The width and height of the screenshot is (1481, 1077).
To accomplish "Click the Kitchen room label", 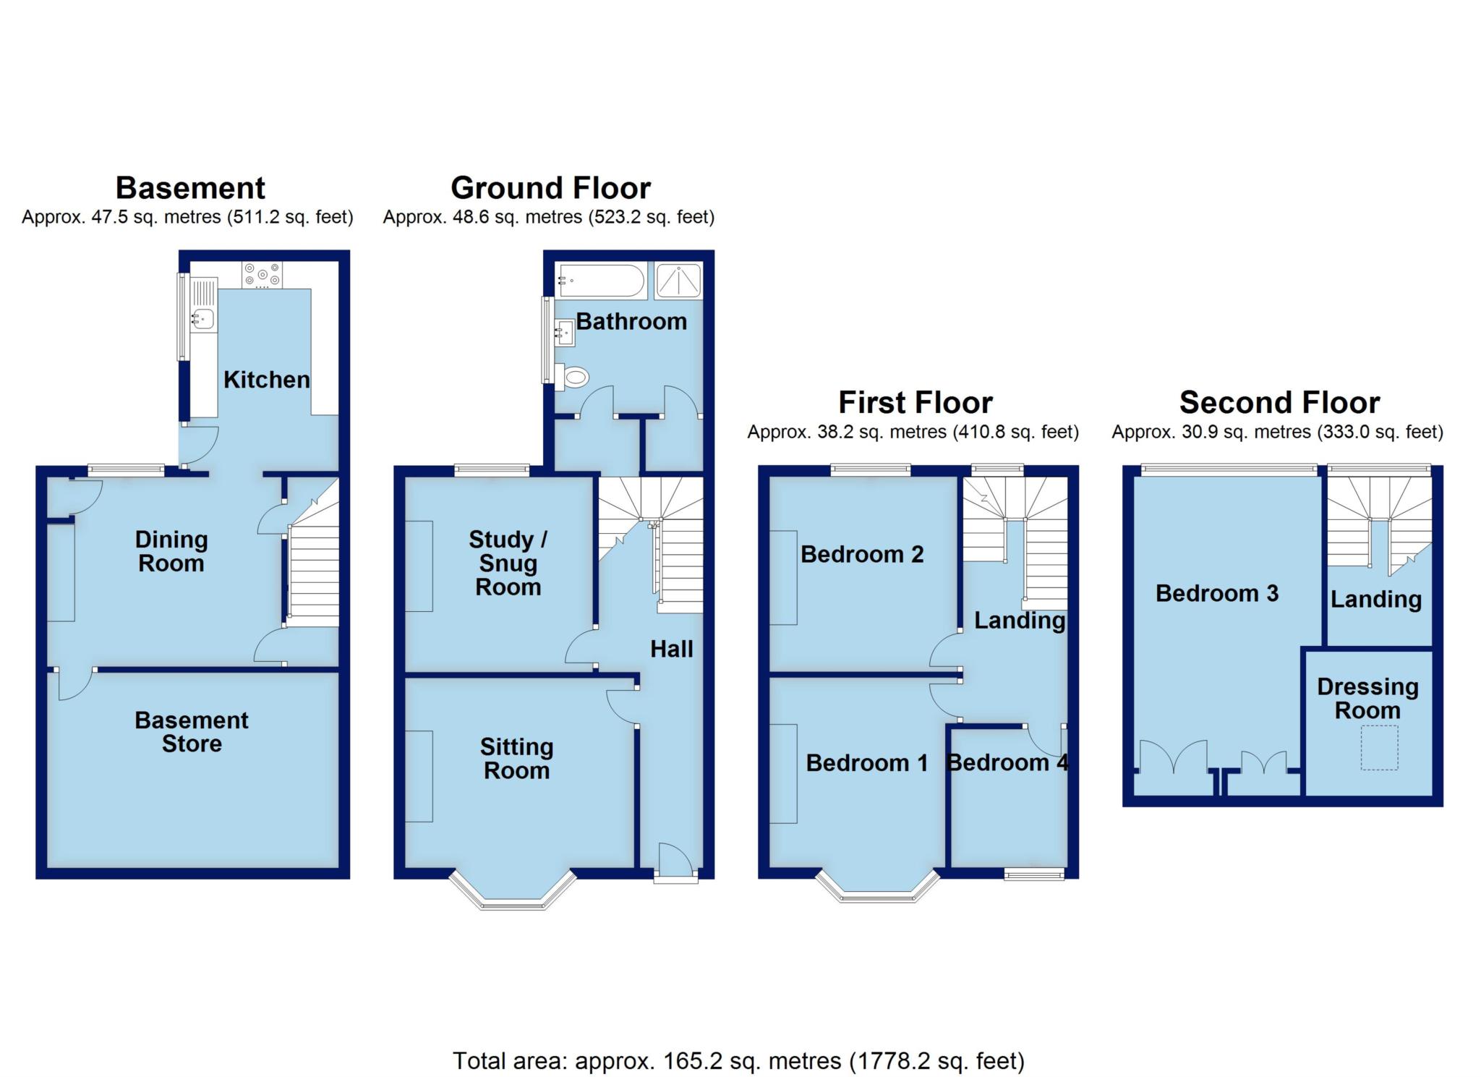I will point(266,380).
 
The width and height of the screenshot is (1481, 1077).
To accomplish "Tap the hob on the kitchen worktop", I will point(262,274).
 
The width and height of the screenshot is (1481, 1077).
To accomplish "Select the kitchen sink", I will point(203,317).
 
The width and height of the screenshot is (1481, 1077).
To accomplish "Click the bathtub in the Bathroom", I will point(600,281).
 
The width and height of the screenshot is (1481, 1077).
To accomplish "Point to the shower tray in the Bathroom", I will point(678,281).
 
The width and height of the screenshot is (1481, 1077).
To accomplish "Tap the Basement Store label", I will point(192,731).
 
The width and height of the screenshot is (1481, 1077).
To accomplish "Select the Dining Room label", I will point(171,551).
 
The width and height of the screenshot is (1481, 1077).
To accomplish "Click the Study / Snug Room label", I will point(508,563).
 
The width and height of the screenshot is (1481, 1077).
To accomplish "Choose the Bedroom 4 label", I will point(1007,762).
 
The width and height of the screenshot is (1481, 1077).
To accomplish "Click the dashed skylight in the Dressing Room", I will point(1379,747).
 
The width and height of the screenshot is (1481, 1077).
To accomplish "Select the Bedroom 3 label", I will point(1216,593).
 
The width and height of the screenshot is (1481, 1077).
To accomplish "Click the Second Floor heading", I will point(1279,402).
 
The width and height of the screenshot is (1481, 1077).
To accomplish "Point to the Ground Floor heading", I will point(550,188).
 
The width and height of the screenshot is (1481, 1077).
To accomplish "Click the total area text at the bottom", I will point(738,1060).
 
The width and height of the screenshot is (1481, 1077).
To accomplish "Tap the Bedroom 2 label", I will point(862,554).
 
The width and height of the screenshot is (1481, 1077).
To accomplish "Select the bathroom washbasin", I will point(565,333).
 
